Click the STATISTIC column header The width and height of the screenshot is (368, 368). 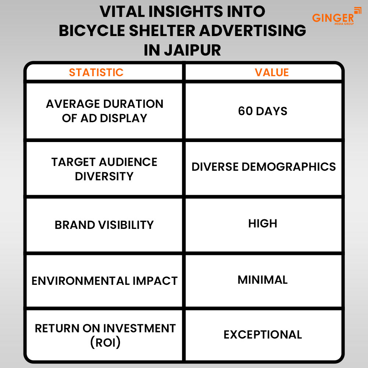[96, 72]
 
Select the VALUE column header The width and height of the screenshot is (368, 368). [272, 72]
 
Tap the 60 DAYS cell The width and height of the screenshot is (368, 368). [263, 111]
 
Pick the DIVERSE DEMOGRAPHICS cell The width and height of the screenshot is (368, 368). [263, 167]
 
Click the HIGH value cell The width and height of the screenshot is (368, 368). [263, 223]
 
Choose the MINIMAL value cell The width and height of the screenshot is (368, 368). [263, 280]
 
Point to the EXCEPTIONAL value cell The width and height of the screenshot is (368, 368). [263, 335]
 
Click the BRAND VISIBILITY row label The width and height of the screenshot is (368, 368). [104, 225]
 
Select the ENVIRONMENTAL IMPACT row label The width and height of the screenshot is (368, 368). [105, 281]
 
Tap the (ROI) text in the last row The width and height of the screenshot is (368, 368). [105, 342]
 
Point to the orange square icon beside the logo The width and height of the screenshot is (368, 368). [357, 11]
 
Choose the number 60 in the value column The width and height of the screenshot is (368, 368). [245, 111]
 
